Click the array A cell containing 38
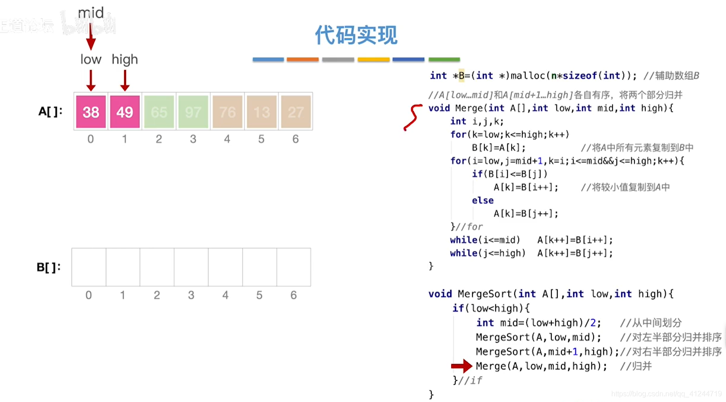pyautogui.click(x=91, y=112)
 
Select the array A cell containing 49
pyautogui.click(x=125, y=112)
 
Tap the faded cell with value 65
pyautogui.click(x=159, y=112)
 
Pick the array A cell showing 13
pyautogui.click(x=262, y=112)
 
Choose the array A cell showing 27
pyautogui.click(x=296, y=112)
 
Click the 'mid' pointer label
pyautogui.click(x=91, y=13)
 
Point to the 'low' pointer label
pyautogui.click(x=91, y=59)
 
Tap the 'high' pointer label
pyautogui.click(x=125, y=59)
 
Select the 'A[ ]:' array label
pyautogui.click(x=50, y=111)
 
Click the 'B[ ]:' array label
pyautogui.click(x=49, y=267)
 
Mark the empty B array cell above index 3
pyautogui.click(x=191, y=267)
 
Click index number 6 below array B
pyautogui.click(x=293, y=295)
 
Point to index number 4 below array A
pyautogui.click(x=227, y=139)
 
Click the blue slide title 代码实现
pyautogui.click(x=356, y=35)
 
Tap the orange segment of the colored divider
pyautogui.click(x=302, y=59)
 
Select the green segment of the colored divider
pyautogui.click(x=444, y=59)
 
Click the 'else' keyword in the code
pyautogui.click(x=482, y=200)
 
